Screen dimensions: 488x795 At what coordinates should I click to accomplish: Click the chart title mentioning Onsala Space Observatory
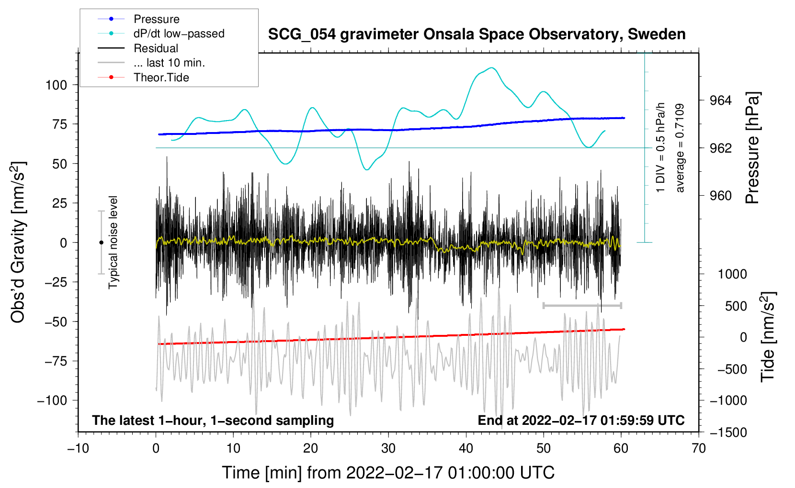click(x=477, y=34)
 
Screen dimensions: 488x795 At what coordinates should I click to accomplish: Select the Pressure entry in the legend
click(x=156, y=19)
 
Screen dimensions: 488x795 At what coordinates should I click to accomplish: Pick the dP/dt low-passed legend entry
click(x=179, y=33)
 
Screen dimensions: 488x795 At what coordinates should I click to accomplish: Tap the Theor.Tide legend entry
click(x=161, y=78)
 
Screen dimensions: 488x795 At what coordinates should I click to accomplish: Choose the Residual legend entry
click(x=156, y=48)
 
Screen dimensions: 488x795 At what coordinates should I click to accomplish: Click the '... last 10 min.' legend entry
click(x=169, y=63)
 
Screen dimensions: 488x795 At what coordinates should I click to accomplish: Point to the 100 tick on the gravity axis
click(x=56, y=85)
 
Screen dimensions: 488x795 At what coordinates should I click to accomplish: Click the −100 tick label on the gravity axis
click(x=52, y=400)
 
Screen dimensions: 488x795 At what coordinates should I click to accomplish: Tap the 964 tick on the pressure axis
click(x=720, y=100)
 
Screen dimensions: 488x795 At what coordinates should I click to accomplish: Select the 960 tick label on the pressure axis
click(x=720, y=196)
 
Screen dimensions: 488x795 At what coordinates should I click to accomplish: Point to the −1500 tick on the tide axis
click(x=728, y=433)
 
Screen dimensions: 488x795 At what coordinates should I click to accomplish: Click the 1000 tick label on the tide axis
click(x=732, y=274)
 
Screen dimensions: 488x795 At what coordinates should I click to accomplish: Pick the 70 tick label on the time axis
click(x=698, y=449)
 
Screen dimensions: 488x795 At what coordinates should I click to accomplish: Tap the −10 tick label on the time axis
click(x=78, y=449)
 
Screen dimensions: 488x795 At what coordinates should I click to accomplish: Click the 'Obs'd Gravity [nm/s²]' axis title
click(x=18, y=242)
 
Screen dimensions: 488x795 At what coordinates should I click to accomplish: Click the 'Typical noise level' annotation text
click(x=113, y=242)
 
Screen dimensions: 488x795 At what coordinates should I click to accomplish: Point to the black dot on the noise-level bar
click(x=101, y=243)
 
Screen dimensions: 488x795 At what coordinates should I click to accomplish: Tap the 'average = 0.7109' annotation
click(x=680, y=148)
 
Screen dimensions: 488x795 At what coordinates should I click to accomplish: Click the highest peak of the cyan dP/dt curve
click(x=492, y=67)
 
